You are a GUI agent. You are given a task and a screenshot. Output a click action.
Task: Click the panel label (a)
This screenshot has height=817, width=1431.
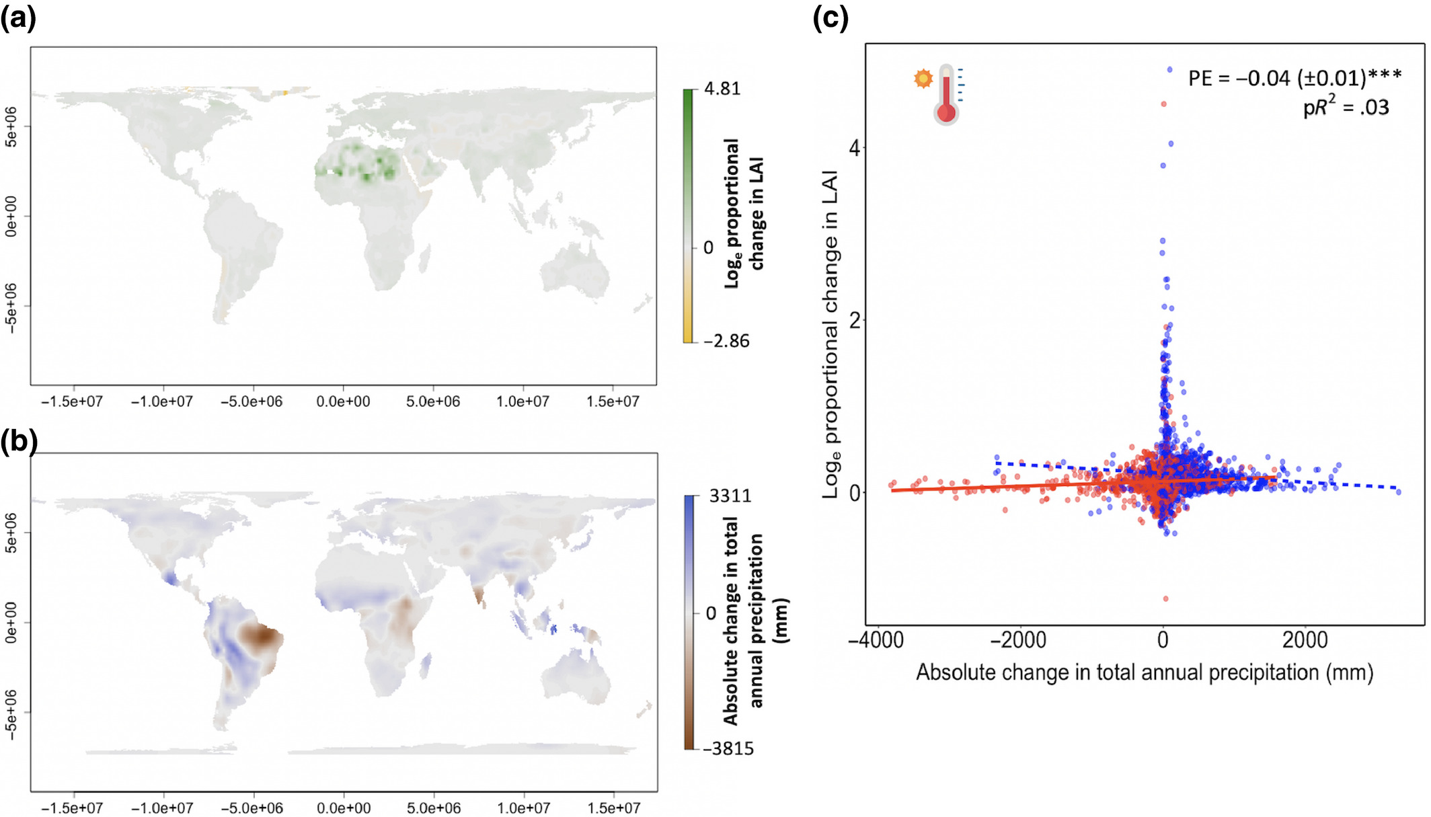[x=18, y=18]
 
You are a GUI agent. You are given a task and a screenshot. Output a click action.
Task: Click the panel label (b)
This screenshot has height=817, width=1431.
[x=18, y=442]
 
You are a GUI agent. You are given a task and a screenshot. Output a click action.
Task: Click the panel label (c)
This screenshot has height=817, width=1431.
[x=830, y=18]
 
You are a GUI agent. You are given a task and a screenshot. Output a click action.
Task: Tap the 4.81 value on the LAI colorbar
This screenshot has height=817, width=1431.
[x=722, y=89]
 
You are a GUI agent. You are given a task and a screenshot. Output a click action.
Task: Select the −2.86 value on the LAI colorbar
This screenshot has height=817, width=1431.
[x=726, y=341]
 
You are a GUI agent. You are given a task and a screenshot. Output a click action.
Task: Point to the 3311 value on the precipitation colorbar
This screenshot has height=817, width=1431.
[x=730, y=496]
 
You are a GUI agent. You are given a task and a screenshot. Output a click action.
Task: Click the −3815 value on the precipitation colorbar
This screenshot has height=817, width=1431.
[x=728, y=748]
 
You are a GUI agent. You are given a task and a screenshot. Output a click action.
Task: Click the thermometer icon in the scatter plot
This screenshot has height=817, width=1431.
[x=946, y=94]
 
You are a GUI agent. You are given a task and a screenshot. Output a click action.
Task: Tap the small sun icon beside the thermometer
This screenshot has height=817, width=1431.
[x=923, y=79]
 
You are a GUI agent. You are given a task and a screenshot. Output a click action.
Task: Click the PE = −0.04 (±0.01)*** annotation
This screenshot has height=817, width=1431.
[x=1294, y=78]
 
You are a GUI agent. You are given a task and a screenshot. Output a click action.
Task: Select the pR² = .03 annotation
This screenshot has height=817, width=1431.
[x=1346, y=107]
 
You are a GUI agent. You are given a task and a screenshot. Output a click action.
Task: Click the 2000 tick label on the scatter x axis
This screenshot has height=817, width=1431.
[x=1305, y=639]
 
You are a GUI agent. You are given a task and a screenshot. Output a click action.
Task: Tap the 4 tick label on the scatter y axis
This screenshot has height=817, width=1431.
[x=855, y=148]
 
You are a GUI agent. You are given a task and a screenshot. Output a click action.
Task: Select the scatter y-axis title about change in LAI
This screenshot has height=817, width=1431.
[x=832, y=334]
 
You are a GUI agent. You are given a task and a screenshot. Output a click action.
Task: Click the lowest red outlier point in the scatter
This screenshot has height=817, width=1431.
[x=1165, y=598]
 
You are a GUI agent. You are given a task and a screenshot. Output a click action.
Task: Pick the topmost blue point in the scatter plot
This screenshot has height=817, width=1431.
[x=1170, y=69]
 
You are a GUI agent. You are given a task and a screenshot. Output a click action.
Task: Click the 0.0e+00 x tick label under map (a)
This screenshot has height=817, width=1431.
[x=343, y=401]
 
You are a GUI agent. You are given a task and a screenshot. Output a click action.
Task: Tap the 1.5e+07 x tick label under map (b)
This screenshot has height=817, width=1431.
[x=613, y=808]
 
